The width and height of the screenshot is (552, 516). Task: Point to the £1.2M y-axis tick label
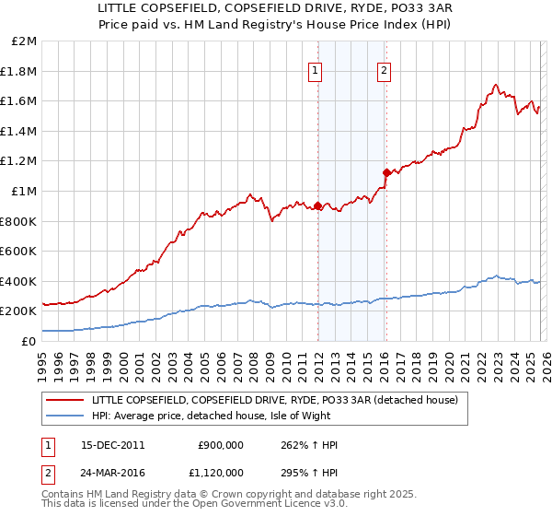point(19,161)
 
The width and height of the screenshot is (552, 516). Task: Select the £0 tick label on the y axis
point(29,341)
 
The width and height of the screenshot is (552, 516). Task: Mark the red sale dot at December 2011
point(318,206)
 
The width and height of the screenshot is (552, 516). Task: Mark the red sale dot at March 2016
point(386,172)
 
